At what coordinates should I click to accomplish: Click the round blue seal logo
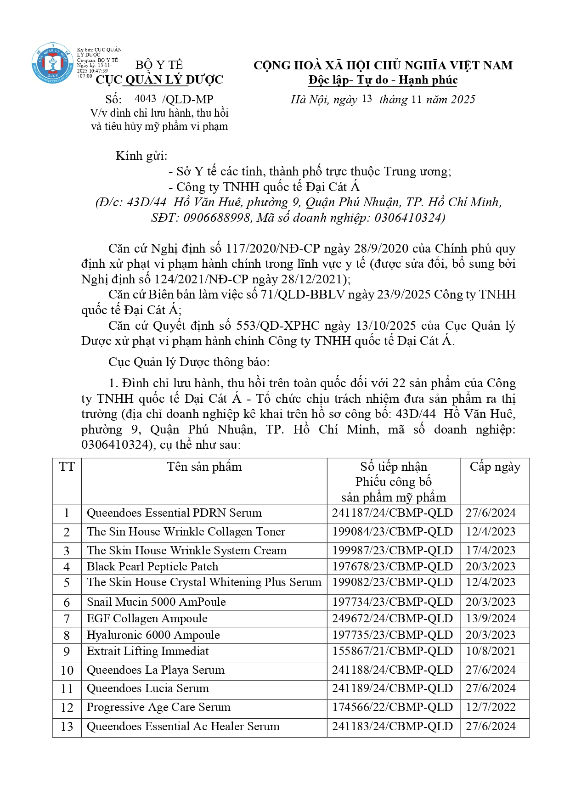point(52,63)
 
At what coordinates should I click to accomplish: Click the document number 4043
point(145,99)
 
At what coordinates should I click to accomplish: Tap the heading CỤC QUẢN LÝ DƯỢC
point(159,80)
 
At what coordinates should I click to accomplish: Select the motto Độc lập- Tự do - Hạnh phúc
point(383,80)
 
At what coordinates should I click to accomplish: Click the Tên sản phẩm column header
point(204,467)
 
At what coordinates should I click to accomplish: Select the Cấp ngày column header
point(495,467)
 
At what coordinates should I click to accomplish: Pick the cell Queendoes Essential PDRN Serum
point(174,513)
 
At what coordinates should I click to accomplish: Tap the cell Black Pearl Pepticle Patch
point(152,567)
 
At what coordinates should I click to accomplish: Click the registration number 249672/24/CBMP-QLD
point(393,619)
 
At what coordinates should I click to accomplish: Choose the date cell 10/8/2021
point(491,651)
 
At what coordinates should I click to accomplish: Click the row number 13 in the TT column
point(67,727)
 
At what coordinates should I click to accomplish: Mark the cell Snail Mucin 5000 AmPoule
point(156,602)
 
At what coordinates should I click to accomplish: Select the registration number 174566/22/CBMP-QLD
point(393,707)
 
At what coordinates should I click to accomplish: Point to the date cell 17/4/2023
point(491,551)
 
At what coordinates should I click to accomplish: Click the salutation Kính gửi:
point(141,156)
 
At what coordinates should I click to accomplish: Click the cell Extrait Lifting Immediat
point(147,651)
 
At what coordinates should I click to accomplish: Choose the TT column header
point(67,467)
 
